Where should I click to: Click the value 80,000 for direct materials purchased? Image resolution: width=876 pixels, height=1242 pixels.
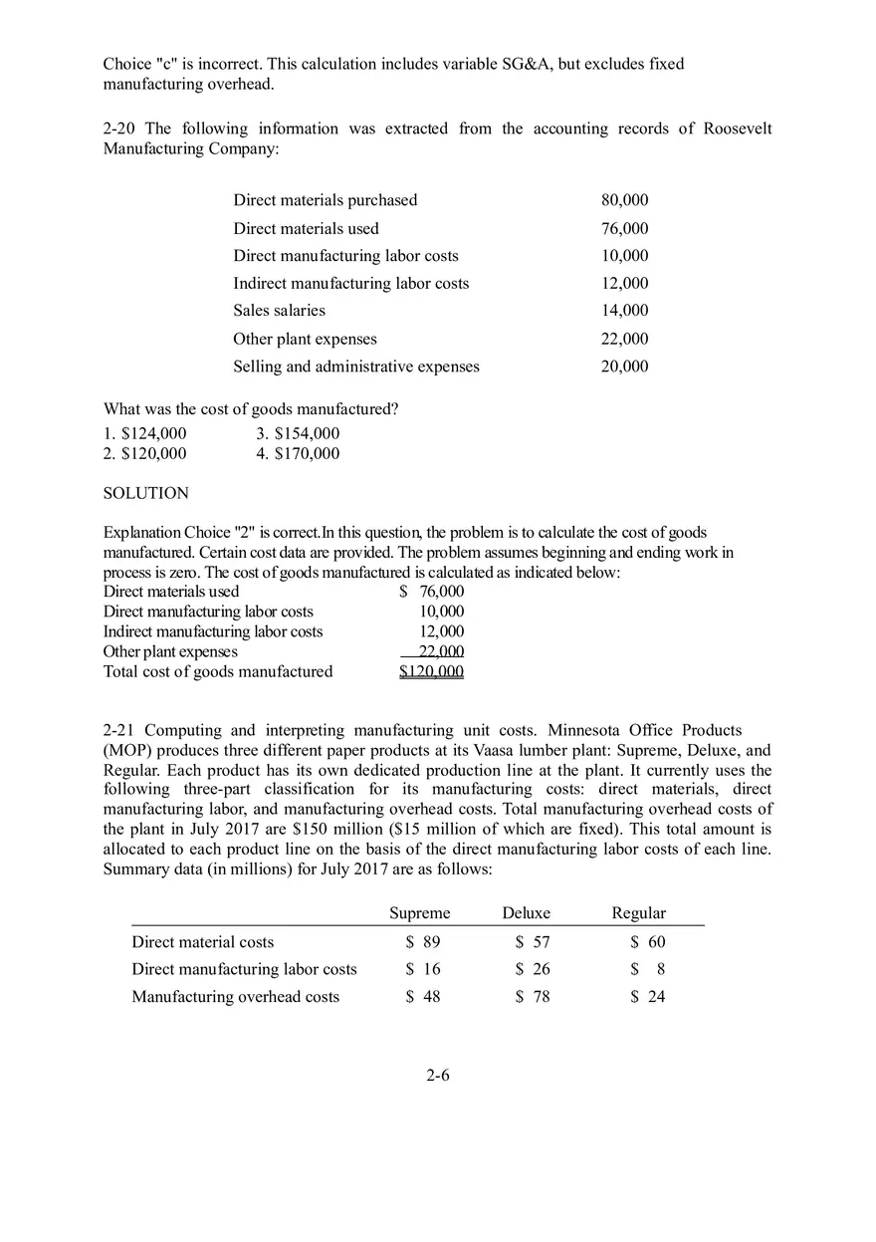624,200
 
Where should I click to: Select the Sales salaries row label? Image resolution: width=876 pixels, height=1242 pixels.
279,311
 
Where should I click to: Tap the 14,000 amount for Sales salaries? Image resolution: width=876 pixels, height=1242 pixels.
624,311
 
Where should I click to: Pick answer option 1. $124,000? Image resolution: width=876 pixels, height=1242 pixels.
144,433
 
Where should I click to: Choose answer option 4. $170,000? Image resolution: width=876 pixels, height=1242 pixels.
298,454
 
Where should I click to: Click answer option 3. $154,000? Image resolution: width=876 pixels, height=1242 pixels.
298,433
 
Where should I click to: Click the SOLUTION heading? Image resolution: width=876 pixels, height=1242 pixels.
145,493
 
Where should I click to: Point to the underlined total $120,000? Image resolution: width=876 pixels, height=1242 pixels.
431,671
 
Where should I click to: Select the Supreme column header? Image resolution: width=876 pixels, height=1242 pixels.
419,913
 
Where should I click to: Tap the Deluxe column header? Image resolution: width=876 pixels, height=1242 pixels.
527,913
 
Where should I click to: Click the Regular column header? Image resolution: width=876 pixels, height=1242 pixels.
638,913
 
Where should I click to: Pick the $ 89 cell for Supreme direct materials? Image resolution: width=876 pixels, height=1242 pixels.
423,942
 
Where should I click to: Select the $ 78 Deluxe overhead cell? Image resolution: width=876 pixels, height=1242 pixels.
533,997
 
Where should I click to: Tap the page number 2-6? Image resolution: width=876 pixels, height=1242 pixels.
438,1076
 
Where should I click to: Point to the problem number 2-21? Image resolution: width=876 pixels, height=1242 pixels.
119,731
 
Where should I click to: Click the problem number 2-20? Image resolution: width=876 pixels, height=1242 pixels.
119,128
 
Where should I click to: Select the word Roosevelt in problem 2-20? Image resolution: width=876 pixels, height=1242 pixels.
737,128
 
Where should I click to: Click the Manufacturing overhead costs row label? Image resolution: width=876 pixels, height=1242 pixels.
236,997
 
